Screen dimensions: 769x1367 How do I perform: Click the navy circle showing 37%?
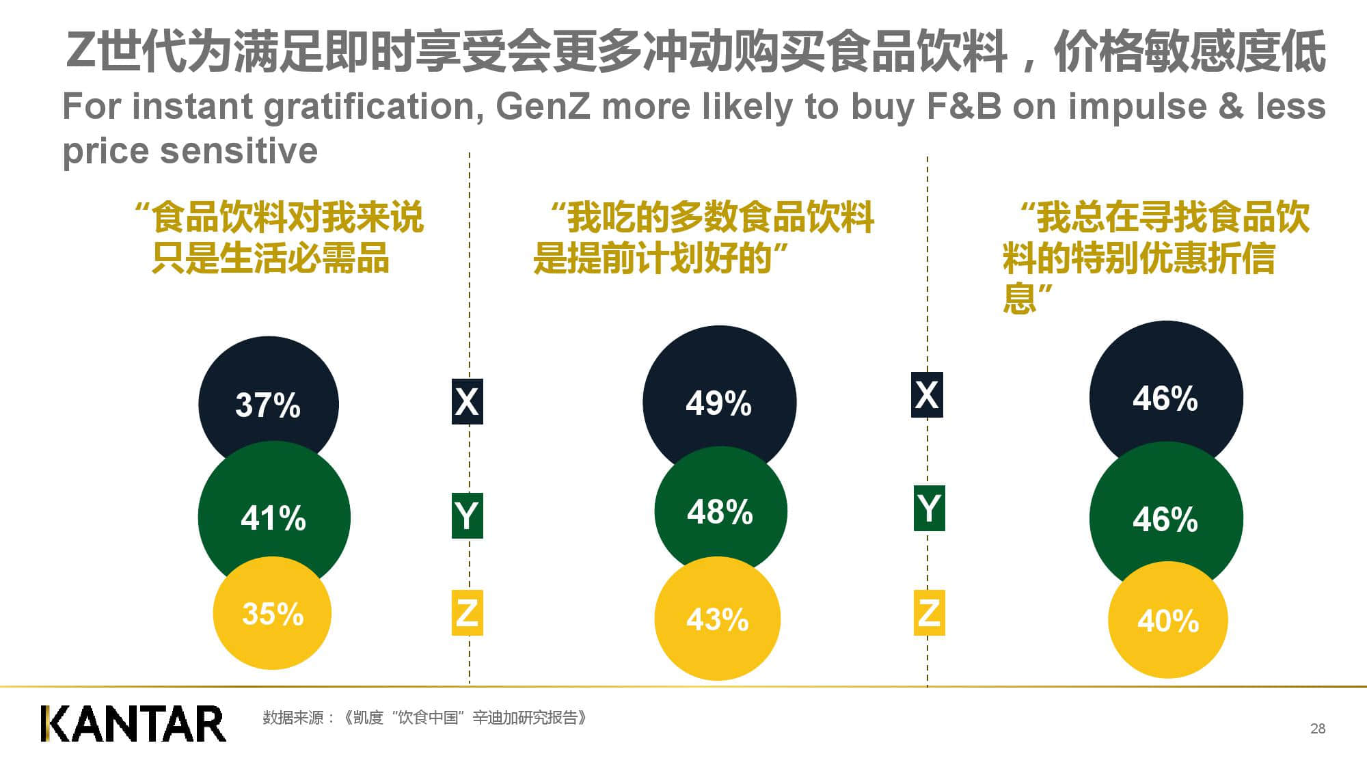tap(268, 396)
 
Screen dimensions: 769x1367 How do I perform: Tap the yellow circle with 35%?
tap(272, 613)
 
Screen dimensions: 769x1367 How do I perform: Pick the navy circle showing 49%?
tap(718, 396)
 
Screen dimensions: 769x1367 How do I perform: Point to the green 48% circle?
tap(720, 511)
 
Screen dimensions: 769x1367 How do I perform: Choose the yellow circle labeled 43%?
tap(718, 619)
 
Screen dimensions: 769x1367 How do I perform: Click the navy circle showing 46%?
tap(1165, 393)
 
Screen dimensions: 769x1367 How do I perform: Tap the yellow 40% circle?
tap(1167, 620)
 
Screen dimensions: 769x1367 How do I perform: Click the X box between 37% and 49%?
tap(467, 401)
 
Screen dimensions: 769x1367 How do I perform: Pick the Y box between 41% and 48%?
tap(467, 515)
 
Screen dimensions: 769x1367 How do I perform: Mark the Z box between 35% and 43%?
tap(467, 612)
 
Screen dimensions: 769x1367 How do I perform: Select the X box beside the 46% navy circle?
tap(927, 394)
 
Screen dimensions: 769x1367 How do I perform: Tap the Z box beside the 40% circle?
tap(929, 612)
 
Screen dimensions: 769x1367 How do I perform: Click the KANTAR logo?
tap(133, 724)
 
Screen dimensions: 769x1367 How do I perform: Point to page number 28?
tap(1318, 729)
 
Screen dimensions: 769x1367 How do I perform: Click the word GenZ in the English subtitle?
tap(543, 107)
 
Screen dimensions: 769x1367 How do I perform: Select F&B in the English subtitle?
tap(964, 107)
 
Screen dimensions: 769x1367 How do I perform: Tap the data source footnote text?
tap(424, 718)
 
